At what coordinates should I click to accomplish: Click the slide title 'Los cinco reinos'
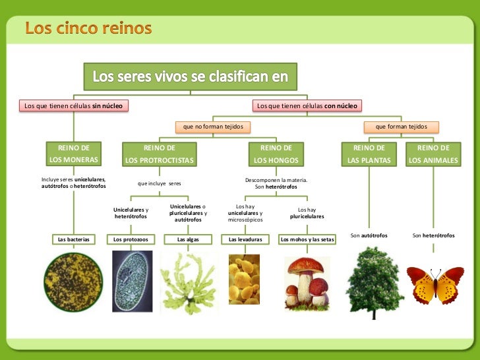click(88, 29)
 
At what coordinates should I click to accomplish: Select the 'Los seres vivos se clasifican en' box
click(190, 76)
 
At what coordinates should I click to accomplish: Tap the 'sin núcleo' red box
click(73, 105)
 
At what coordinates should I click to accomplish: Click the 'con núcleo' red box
click(307, 105)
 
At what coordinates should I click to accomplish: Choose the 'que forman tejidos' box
click(401, 126)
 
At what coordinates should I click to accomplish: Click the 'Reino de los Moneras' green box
click(73, 154)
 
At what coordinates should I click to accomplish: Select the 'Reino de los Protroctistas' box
click(160, 154)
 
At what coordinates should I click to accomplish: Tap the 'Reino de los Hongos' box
click(276, 154)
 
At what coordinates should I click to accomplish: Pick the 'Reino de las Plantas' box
click(369, 154)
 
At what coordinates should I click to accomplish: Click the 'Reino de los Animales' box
click(433, 154)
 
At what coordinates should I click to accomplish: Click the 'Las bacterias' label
click(73, 239)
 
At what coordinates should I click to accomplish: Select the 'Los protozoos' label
click(131, 239)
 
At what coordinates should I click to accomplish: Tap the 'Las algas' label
click(189, 239)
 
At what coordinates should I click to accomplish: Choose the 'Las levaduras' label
click(245, 239)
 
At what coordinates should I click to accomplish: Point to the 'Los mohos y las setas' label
click(307, 239)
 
